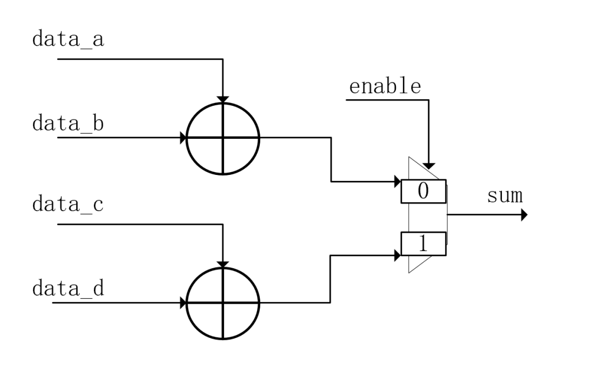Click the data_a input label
(68, 39)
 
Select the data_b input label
(68, 123)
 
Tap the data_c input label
(68, 205)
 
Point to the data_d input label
(68, 288)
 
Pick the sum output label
(505, 196)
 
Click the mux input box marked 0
(423, 191)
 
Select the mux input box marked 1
(423, 243)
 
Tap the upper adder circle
(223, 139)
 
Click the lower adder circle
(223, 303)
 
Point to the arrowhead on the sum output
(524, 215)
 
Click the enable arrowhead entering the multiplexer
(428, 166)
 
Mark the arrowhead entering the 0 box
(398, 182)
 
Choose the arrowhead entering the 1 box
(398, 256)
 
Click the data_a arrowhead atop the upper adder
(223, 100)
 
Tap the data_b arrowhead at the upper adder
(183, 138)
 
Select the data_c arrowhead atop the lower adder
(223, 264)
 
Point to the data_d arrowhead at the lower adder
(183, 303)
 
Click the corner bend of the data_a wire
(223, 59)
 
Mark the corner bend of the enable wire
(428, 100)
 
